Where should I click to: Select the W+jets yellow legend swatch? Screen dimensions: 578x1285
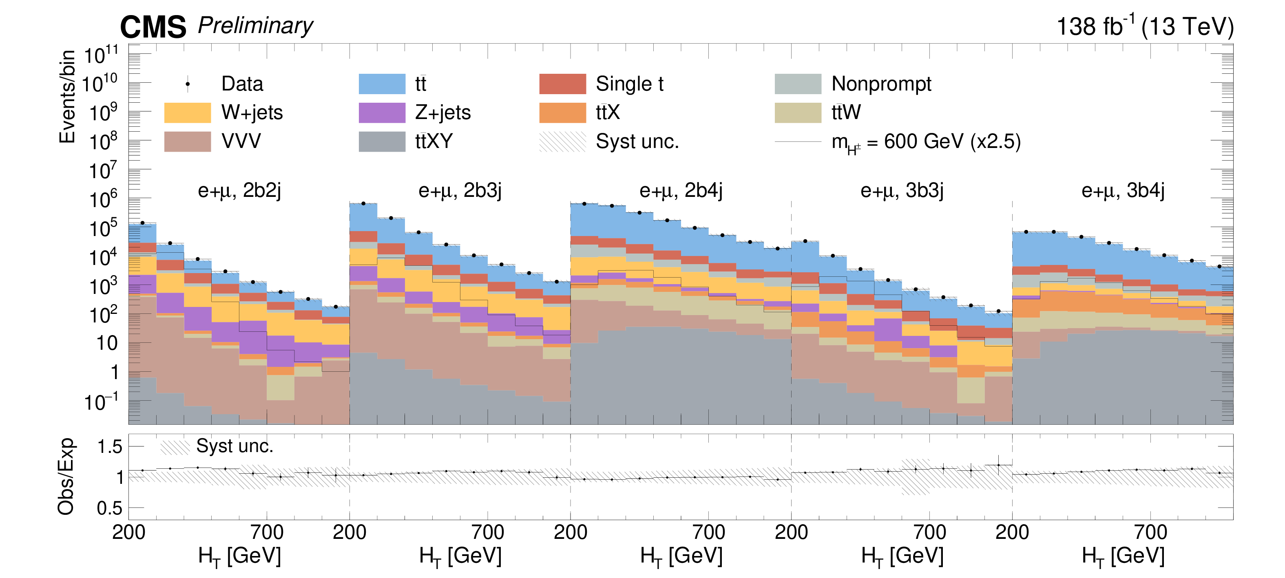tap(187, 113)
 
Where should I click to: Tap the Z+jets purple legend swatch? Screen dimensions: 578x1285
tap(382, 113)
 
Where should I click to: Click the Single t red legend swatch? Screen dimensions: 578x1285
tap(562, 84)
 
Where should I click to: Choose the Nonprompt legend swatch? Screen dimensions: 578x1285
tap(798, 84)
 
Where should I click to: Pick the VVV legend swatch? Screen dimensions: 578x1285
tap(187, 141)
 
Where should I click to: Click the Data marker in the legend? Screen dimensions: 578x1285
tap(188, 84)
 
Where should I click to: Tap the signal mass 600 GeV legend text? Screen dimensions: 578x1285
tap(926, 142)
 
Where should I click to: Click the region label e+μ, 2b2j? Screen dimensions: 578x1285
tap(239, 190)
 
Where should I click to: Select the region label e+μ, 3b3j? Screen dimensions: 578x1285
tap(902, 190)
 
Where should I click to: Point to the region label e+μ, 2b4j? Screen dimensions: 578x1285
tap(681, 190)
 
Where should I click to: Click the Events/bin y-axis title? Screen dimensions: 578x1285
tap(67, 96)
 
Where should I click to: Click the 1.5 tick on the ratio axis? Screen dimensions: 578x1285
tap(110, 447)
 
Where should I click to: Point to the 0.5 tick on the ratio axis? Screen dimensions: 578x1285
tap(110, 508)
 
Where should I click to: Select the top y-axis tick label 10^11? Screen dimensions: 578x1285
tap(101, 55)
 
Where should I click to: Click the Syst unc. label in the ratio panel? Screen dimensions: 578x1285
tap(234, 446)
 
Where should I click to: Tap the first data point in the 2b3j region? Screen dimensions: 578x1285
tap(363, 203)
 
